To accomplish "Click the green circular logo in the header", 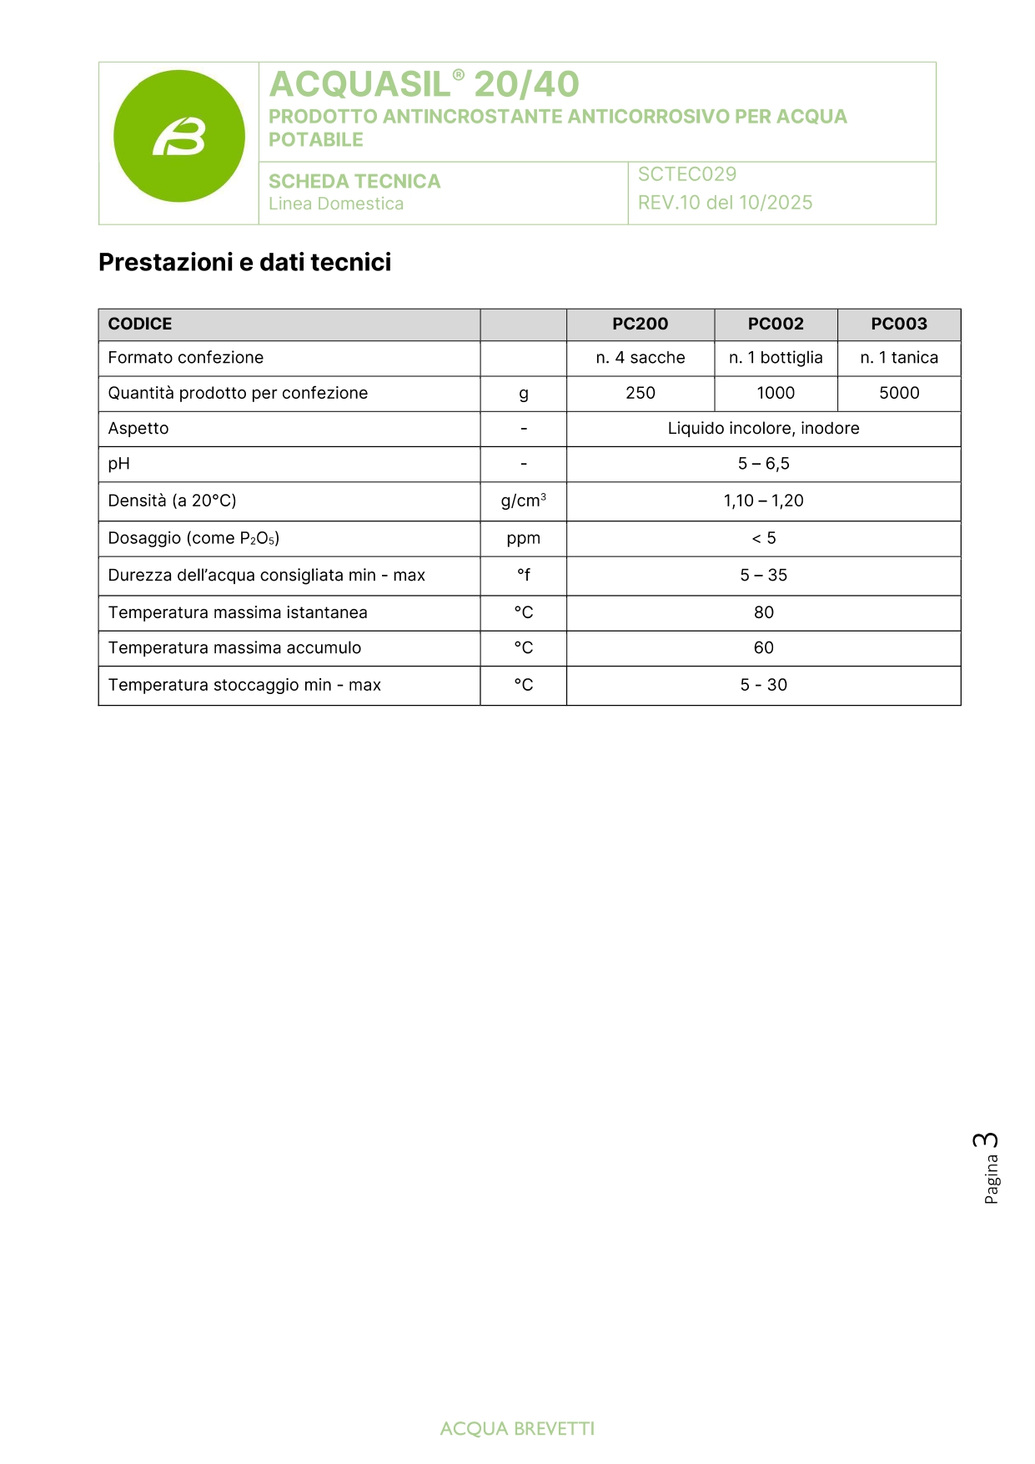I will pyautogui.click(x=179, y=136).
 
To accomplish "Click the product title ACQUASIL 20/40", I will pyautogui.click(x=424, y=84).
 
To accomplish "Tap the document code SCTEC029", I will pyautogui.click(x=687, y=174).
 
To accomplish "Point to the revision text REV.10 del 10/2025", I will pyautogui.click(x=725, y=203).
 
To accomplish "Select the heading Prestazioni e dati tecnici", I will pyautogui.click(x=244, y=262).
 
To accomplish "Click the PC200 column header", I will pyautogui.click(x=640, y=324).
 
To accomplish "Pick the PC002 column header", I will pyautogui.click(x=776, y=324).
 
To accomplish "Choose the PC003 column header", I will pyautogui.click(x=899, y=324).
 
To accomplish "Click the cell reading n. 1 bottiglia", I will pyautogui.click(x=776, y=358).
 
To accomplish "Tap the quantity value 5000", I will pyautogui.click(x=899, y=393).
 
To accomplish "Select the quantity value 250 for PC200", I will pyautogui.click(x=640, y=393).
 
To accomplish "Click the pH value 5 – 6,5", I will pyautogui.click(x=763, y=464).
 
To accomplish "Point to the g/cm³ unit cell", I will pyautogui.click(x=523, y=501).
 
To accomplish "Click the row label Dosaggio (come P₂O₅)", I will pyautogui.click(x=193, y=538).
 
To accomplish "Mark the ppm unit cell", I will pyautogui.click(x=523, y=538).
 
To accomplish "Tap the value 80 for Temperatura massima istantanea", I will pyautogui.click(x=763, y=612).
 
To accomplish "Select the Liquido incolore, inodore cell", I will pyautogui.click(x=763, y=428).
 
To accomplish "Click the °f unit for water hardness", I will pyautogui.click(x=523, y=575).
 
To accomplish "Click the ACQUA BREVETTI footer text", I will pyautogui.click(x=517, y=1429).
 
